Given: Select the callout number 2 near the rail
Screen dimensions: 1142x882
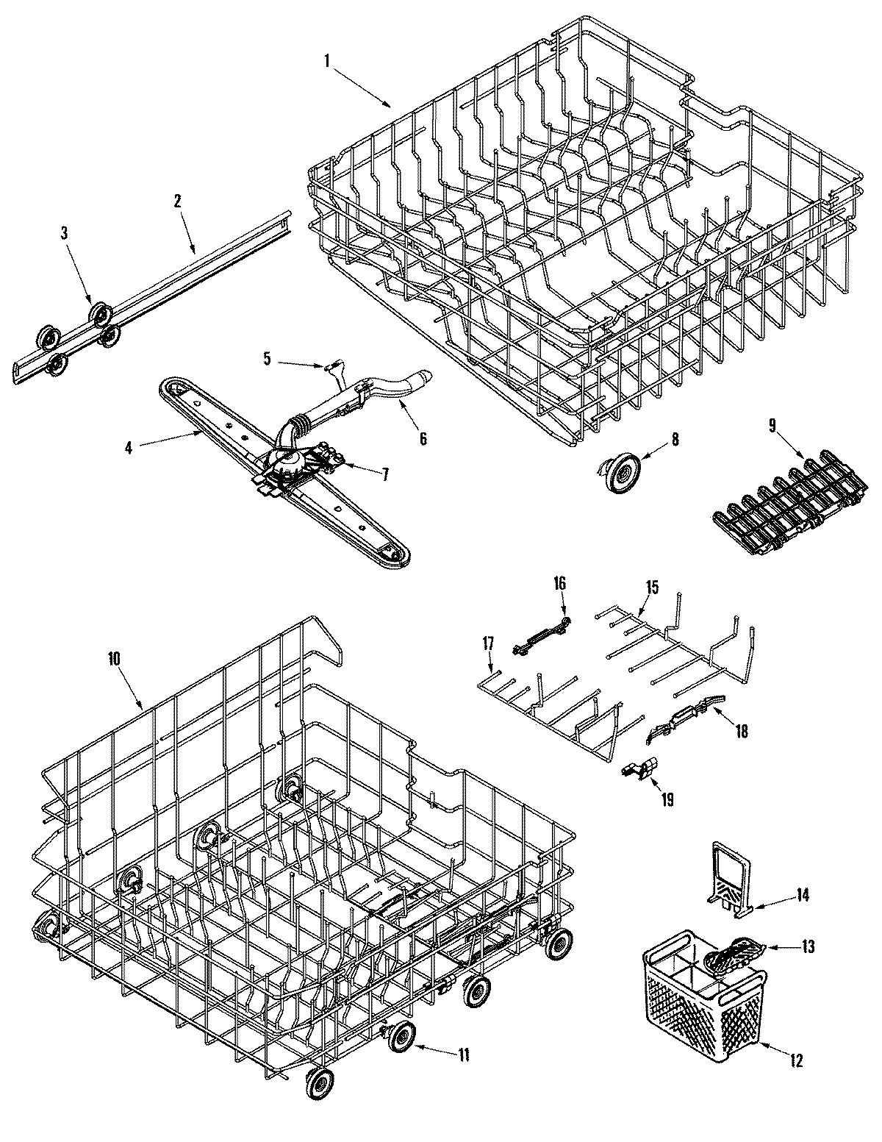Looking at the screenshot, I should pos(177,201).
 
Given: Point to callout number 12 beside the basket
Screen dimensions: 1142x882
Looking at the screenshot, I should pos(796,1060).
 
